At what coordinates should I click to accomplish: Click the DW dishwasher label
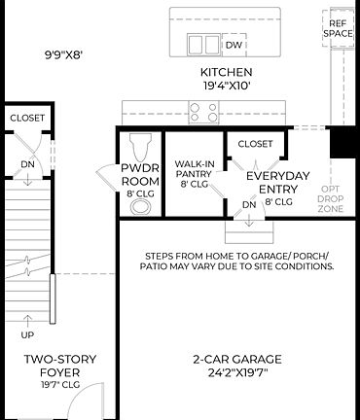[x=234, y=45]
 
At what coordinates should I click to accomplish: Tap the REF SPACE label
[x=338, y=27]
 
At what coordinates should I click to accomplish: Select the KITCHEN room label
[x=226, y=72]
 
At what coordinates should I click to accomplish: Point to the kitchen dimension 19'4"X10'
[x=226, y=86]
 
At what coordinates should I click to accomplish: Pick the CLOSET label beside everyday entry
[x=255, y=143]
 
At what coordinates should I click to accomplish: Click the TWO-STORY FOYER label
[x=60, y=365]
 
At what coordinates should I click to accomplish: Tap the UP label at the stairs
[x=26, y=334]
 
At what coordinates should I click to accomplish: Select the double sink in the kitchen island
[x=203, y=44]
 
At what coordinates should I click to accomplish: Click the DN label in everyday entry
[x=249, y=205]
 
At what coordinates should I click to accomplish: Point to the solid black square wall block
[x=344, y=144]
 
